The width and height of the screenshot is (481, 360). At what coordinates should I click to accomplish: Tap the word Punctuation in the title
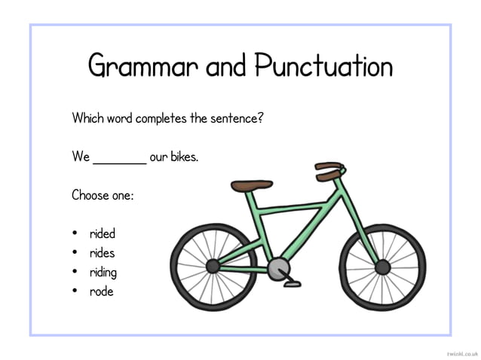(323, 66)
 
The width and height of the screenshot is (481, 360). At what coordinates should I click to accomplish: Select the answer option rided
(103, 233)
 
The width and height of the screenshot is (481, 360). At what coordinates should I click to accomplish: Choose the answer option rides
(103, 253)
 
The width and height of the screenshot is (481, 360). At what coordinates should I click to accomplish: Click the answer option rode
(101, 291)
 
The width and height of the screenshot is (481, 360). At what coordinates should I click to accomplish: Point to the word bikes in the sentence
(182, 157)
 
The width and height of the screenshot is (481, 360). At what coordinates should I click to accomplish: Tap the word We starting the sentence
(81, 157)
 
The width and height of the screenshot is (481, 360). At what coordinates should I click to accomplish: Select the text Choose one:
(103, 195)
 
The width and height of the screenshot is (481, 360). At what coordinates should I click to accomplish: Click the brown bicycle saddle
(252, 185)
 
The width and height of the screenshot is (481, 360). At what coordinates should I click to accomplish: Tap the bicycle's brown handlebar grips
(329, 170)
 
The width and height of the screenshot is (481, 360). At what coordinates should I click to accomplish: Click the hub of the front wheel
(382, 266)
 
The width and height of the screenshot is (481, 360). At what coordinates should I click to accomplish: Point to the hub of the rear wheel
(213, 265)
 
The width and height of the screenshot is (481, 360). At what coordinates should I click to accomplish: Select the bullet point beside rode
(76, 291)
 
